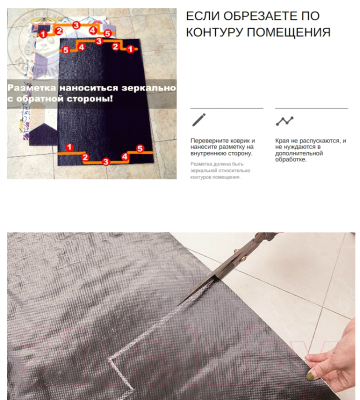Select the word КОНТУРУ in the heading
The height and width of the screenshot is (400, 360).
[x=221, y=32]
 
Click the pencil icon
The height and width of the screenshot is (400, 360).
[x=198, y=119]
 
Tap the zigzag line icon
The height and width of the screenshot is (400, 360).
[x=284, y=120]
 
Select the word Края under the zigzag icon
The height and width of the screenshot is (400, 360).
[x=282, y=140]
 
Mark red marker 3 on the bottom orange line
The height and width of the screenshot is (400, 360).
[x=106, y=160]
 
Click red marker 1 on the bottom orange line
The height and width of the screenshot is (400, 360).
[x=70, y=147]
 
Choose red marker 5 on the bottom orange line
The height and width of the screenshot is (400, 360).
[x=138, y=148]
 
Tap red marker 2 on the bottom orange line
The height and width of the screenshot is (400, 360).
[x=86, y=157]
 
